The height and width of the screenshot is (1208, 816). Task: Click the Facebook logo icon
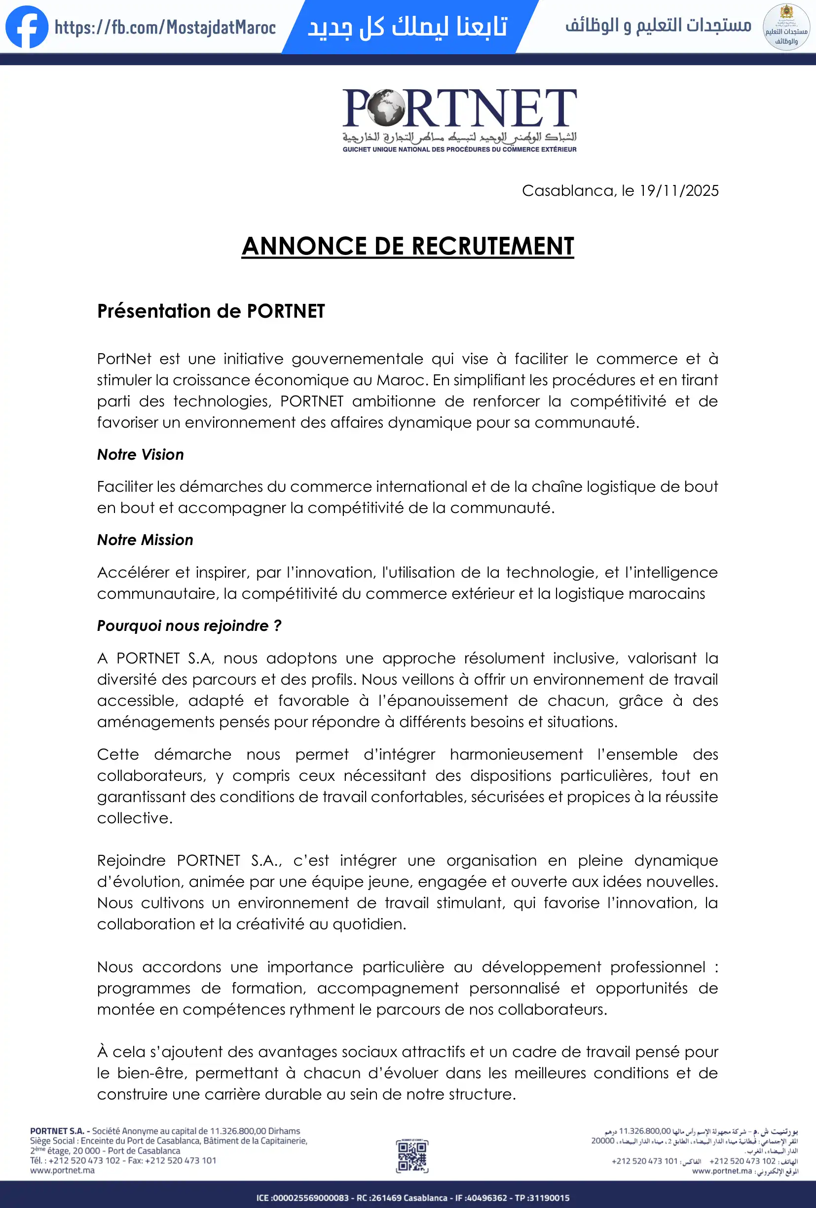click(27, 27)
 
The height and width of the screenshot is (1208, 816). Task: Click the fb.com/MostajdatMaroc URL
click(165, 27)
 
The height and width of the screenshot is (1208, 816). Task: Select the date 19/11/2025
click(679, 191)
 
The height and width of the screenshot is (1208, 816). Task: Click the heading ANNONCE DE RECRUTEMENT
click(408, 246)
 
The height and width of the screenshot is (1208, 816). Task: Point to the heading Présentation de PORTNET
click(211, 311)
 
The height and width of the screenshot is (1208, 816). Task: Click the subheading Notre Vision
click(140, 454)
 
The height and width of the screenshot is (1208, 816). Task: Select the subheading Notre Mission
click(145, 540)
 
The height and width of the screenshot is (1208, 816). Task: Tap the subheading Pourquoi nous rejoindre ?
click(189, 625)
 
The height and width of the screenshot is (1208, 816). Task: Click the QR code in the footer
click(411, 1156)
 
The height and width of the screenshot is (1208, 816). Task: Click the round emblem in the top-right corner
click(786, 27)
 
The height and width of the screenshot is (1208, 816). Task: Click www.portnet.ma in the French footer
click(62, 1170)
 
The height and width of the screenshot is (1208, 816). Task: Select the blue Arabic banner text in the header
click(408, 27)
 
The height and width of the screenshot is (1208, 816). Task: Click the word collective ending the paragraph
click(134, 818)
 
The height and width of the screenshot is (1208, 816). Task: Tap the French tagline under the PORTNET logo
click(459, 149)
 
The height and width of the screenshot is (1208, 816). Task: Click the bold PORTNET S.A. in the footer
click(57, 1131)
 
